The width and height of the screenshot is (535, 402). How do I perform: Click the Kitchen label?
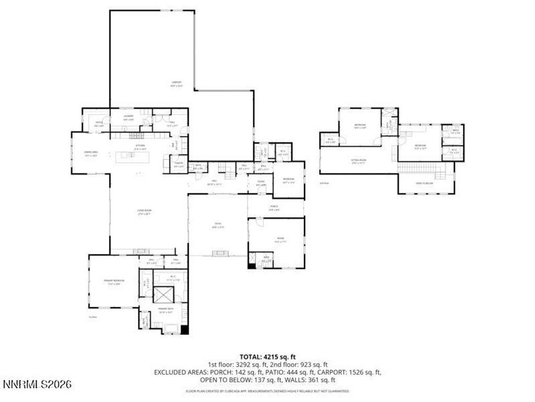pos(140,147)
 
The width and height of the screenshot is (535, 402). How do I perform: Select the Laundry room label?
pos(128,117)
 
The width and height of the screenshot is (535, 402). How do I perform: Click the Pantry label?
pos(178,163)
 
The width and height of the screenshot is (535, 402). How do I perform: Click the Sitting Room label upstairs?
pos(358,162)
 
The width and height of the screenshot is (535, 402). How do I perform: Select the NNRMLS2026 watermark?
pos(37,385)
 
